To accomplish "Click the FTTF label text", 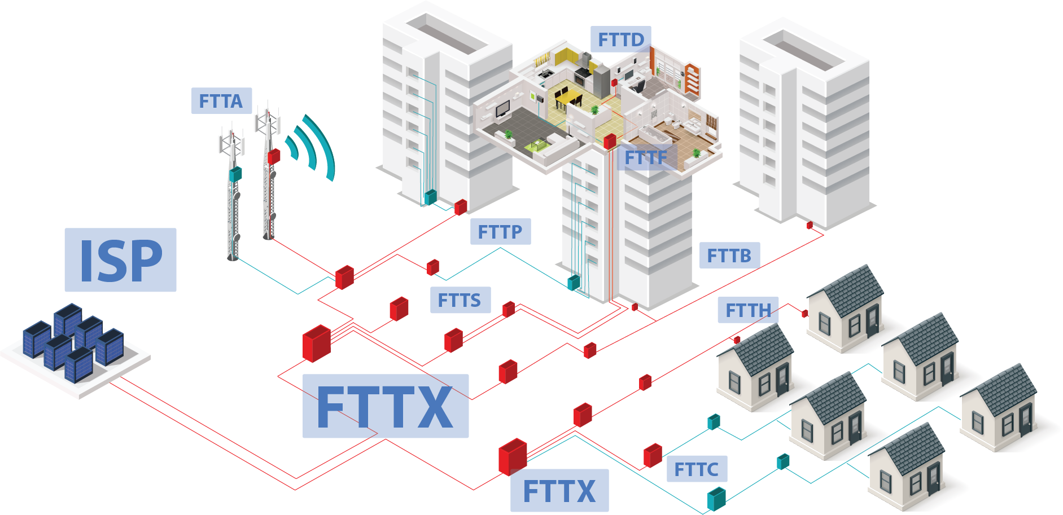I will (x=646, y=158).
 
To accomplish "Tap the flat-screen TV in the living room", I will (x=503, y=109).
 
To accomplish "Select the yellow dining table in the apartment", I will (x=568, y=97).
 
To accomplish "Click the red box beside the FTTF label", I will (x=610, y=141).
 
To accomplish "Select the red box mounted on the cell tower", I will (x=274, y=156).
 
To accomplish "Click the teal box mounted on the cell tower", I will (x=235, y=173).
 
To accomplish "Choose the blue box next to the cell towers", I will (x=221, y=100).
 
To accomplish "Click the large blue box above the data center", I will (x=120, y=259).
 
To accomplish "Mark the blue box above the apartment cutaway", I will (x=620, y=39).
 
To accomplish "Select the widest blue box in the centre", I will (x=386, y=406).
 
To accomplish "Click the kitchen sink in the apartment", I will (x=546, y=73).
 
